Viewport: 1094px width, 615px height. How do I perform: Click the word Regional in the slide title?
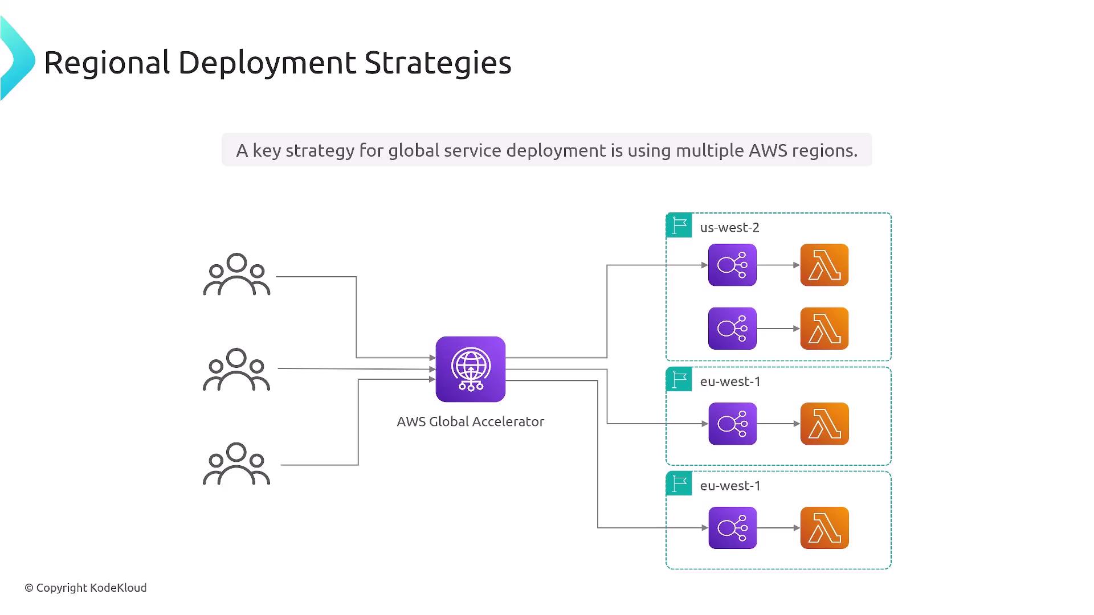[107, 63]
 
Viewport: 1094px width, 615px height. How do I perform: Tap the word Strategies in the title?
[438, 63]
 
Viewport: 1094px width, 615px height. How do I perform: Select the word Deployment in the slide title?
[267, 63]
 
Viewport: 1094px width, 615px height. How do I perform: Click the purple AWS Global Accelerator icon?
[470, 369]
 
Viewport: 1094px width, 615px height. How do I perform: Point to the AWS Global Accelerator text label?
[470, 421]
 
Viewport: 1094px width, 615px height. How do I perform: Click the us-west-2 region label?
[729, 228]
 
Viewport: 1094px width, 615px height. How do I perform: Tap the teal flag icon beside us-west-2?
[679, 225]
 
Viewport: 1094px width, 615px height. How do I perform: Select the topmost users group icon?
[236, 274]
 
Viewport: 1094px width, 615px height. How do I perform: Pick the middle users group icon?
[236, 370]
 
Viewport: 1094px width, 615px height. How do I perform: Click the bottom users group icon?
[236, 464]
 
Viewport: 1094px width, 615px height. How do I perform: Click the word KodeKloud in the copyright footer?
[119, 588]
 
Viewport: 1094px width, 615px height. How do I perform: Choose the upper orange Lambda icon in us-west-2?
[824, 265]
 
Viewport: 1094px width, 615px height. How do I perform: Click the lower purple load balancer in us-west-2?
[732, 329]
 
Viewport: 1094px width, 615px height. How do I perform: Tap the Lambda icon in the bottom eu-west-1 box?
[824, 528]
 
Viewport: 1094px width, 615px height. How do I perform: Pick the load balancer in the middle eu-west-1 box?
[732, 424]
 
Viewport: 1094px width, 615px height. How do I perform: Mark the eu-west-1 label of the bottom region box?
[730, 486]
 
